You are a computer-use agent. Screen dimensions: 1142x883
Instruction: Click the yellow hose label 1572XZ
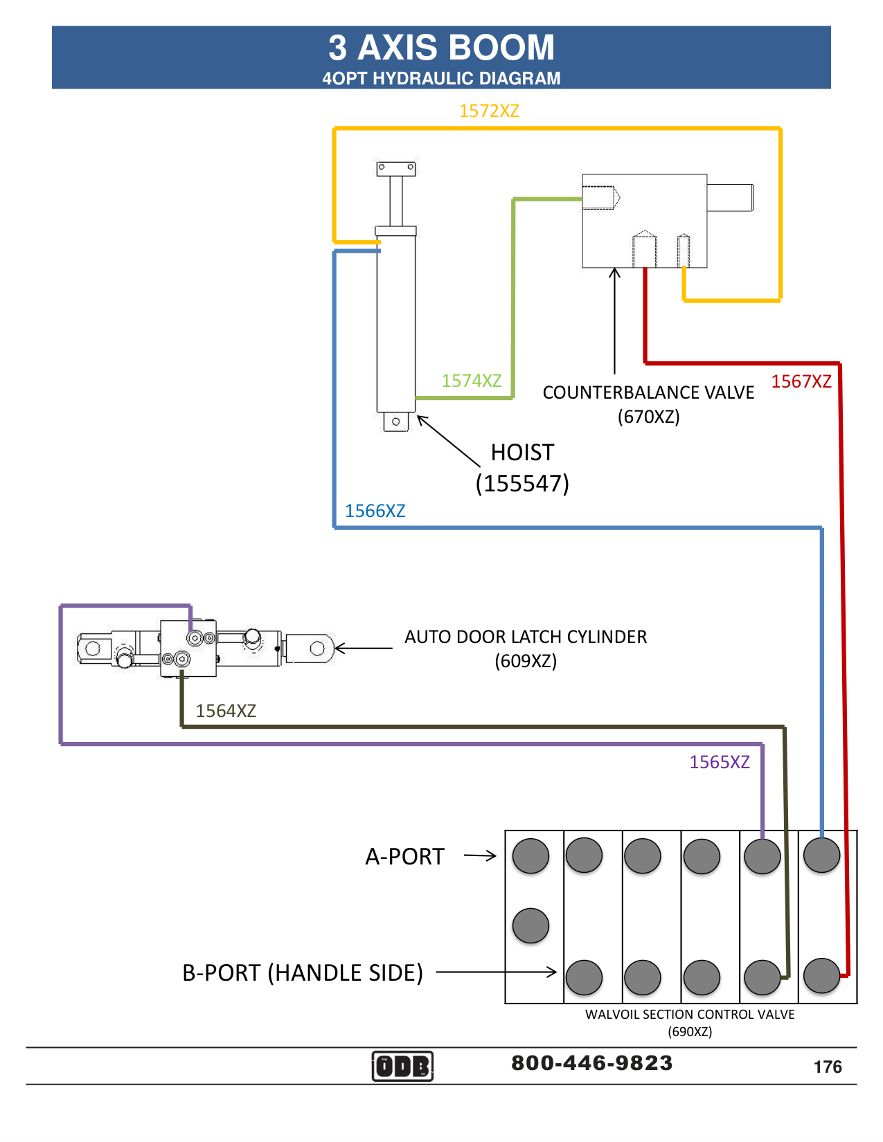[x=489, y=111]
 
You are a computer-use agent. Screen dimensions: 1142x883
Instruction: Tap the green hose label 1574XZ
[x=472, y=381]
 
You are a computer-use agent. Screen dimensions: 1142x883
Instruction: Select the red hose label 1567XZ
[x=801, y=381]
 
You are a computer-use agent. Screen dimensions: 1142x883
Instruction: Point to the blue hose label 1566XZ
[x=375, y=511]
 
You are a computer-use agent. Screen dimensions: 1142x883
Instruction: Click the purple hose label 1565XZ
[x=720, y=762]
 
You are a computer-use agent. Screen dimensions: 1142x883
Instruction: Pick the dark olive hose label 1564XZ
[x=226, y=711]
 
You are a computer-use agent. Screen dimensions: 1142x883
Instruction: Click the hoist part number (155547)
[x=522, y=483]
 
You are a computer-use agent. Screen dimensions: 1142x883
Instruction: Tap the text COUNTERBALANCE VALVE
[x=648, y=392]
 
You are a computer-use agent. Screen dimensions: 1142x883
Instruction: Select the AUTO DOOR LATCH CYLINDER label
[x=526, y=637]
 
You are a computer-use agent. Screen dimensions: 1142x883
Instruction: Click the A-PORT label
[x=404, y=857]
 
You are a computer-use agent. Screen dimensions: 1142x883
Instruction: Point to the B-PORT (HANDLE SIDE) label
[x=303, y=972]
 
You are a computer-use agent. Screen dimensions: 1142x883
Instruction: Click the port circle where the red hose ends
[x=822, y=976]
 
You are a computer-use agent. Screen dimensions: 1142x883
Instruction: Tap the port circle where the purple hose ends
[x=762, y=856]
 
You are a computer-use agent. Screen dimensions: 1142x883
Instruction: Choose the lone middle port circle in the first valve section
[x=531, y=926]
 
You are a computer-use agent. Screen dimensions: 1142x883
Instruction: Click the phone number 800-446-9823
[x=592, y=1063]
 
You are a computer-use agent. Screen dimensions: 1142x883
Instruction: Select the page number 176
[x=828, y=1067]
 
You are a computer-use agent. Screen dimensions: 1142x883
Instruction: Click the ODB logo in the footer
[x=402, y=1066]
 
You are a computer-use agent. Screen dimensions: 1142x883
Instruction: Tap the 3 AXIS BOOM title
[x=441, y=48]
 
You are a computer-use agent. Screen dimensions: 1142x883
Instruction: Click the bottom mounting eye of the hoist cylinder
[x=396, y=422]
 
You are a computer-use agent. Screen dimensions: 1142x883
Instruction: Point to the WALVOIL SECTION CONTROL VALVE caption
[x=690, y=1015]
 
